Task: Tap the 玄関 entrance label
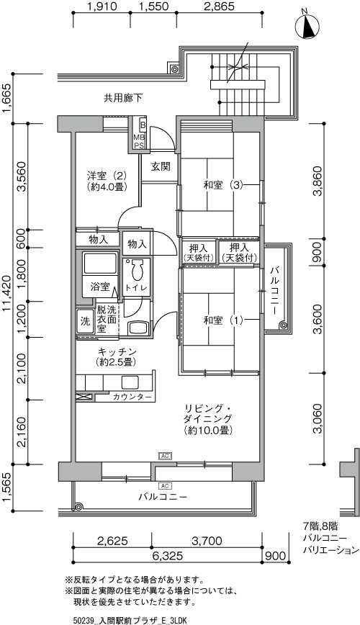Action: click(x=161, y=166)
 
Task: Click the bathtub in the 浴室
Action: click(x=100, y=263)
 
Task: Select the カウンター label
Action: click(x=132, y=397)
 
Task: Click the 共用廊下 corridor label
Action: click(x=123, y=98)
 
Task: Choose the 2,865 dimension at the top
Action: click(x=218, y=6)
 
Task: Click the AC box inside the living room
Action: click(x=165, y=456)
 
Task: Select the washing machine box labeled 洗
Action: click(x=85, y=322)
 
